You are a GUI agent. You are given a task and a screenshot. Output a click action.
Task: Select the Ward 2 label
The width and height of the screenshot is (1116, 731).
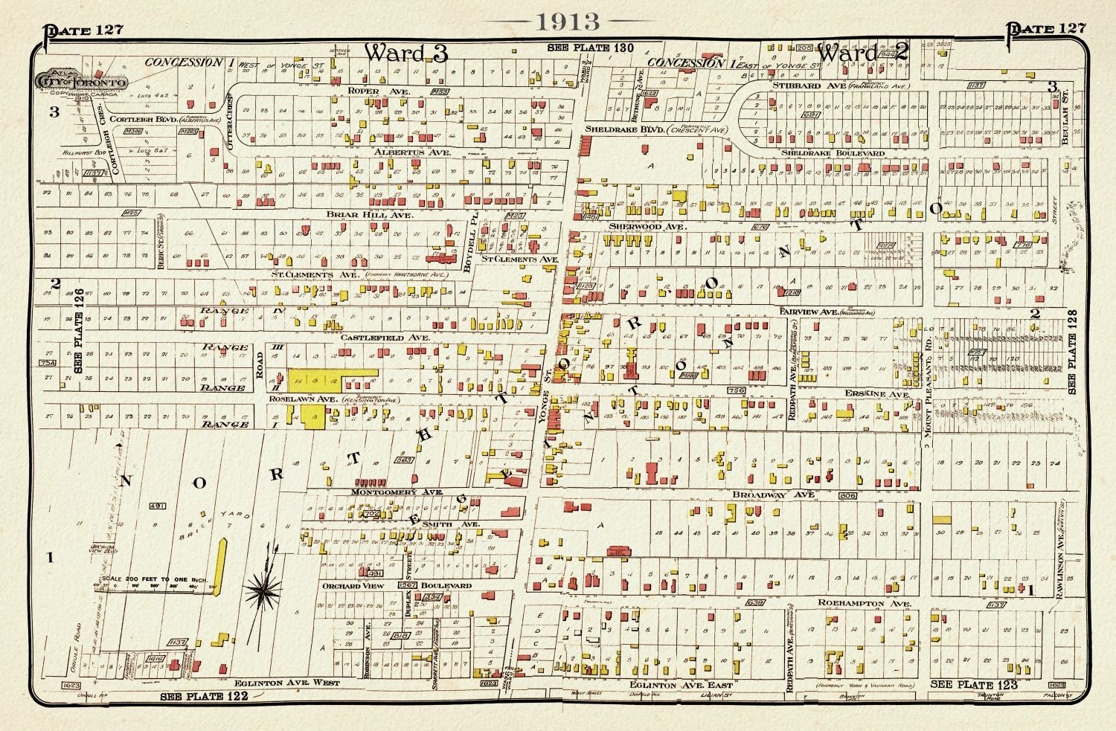[863, 52]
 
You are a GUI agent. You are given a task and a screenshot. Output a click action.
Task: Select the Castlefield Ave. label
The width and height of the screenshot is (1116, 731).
[385, 338]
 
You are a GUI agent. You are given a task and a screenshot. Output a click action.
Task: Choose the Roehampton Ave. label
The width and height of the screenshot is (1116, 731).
[864, 603]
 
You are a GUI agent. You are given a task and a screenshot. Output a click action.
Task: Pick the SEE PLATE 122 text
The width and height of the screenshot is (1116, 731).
[203, 697]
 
